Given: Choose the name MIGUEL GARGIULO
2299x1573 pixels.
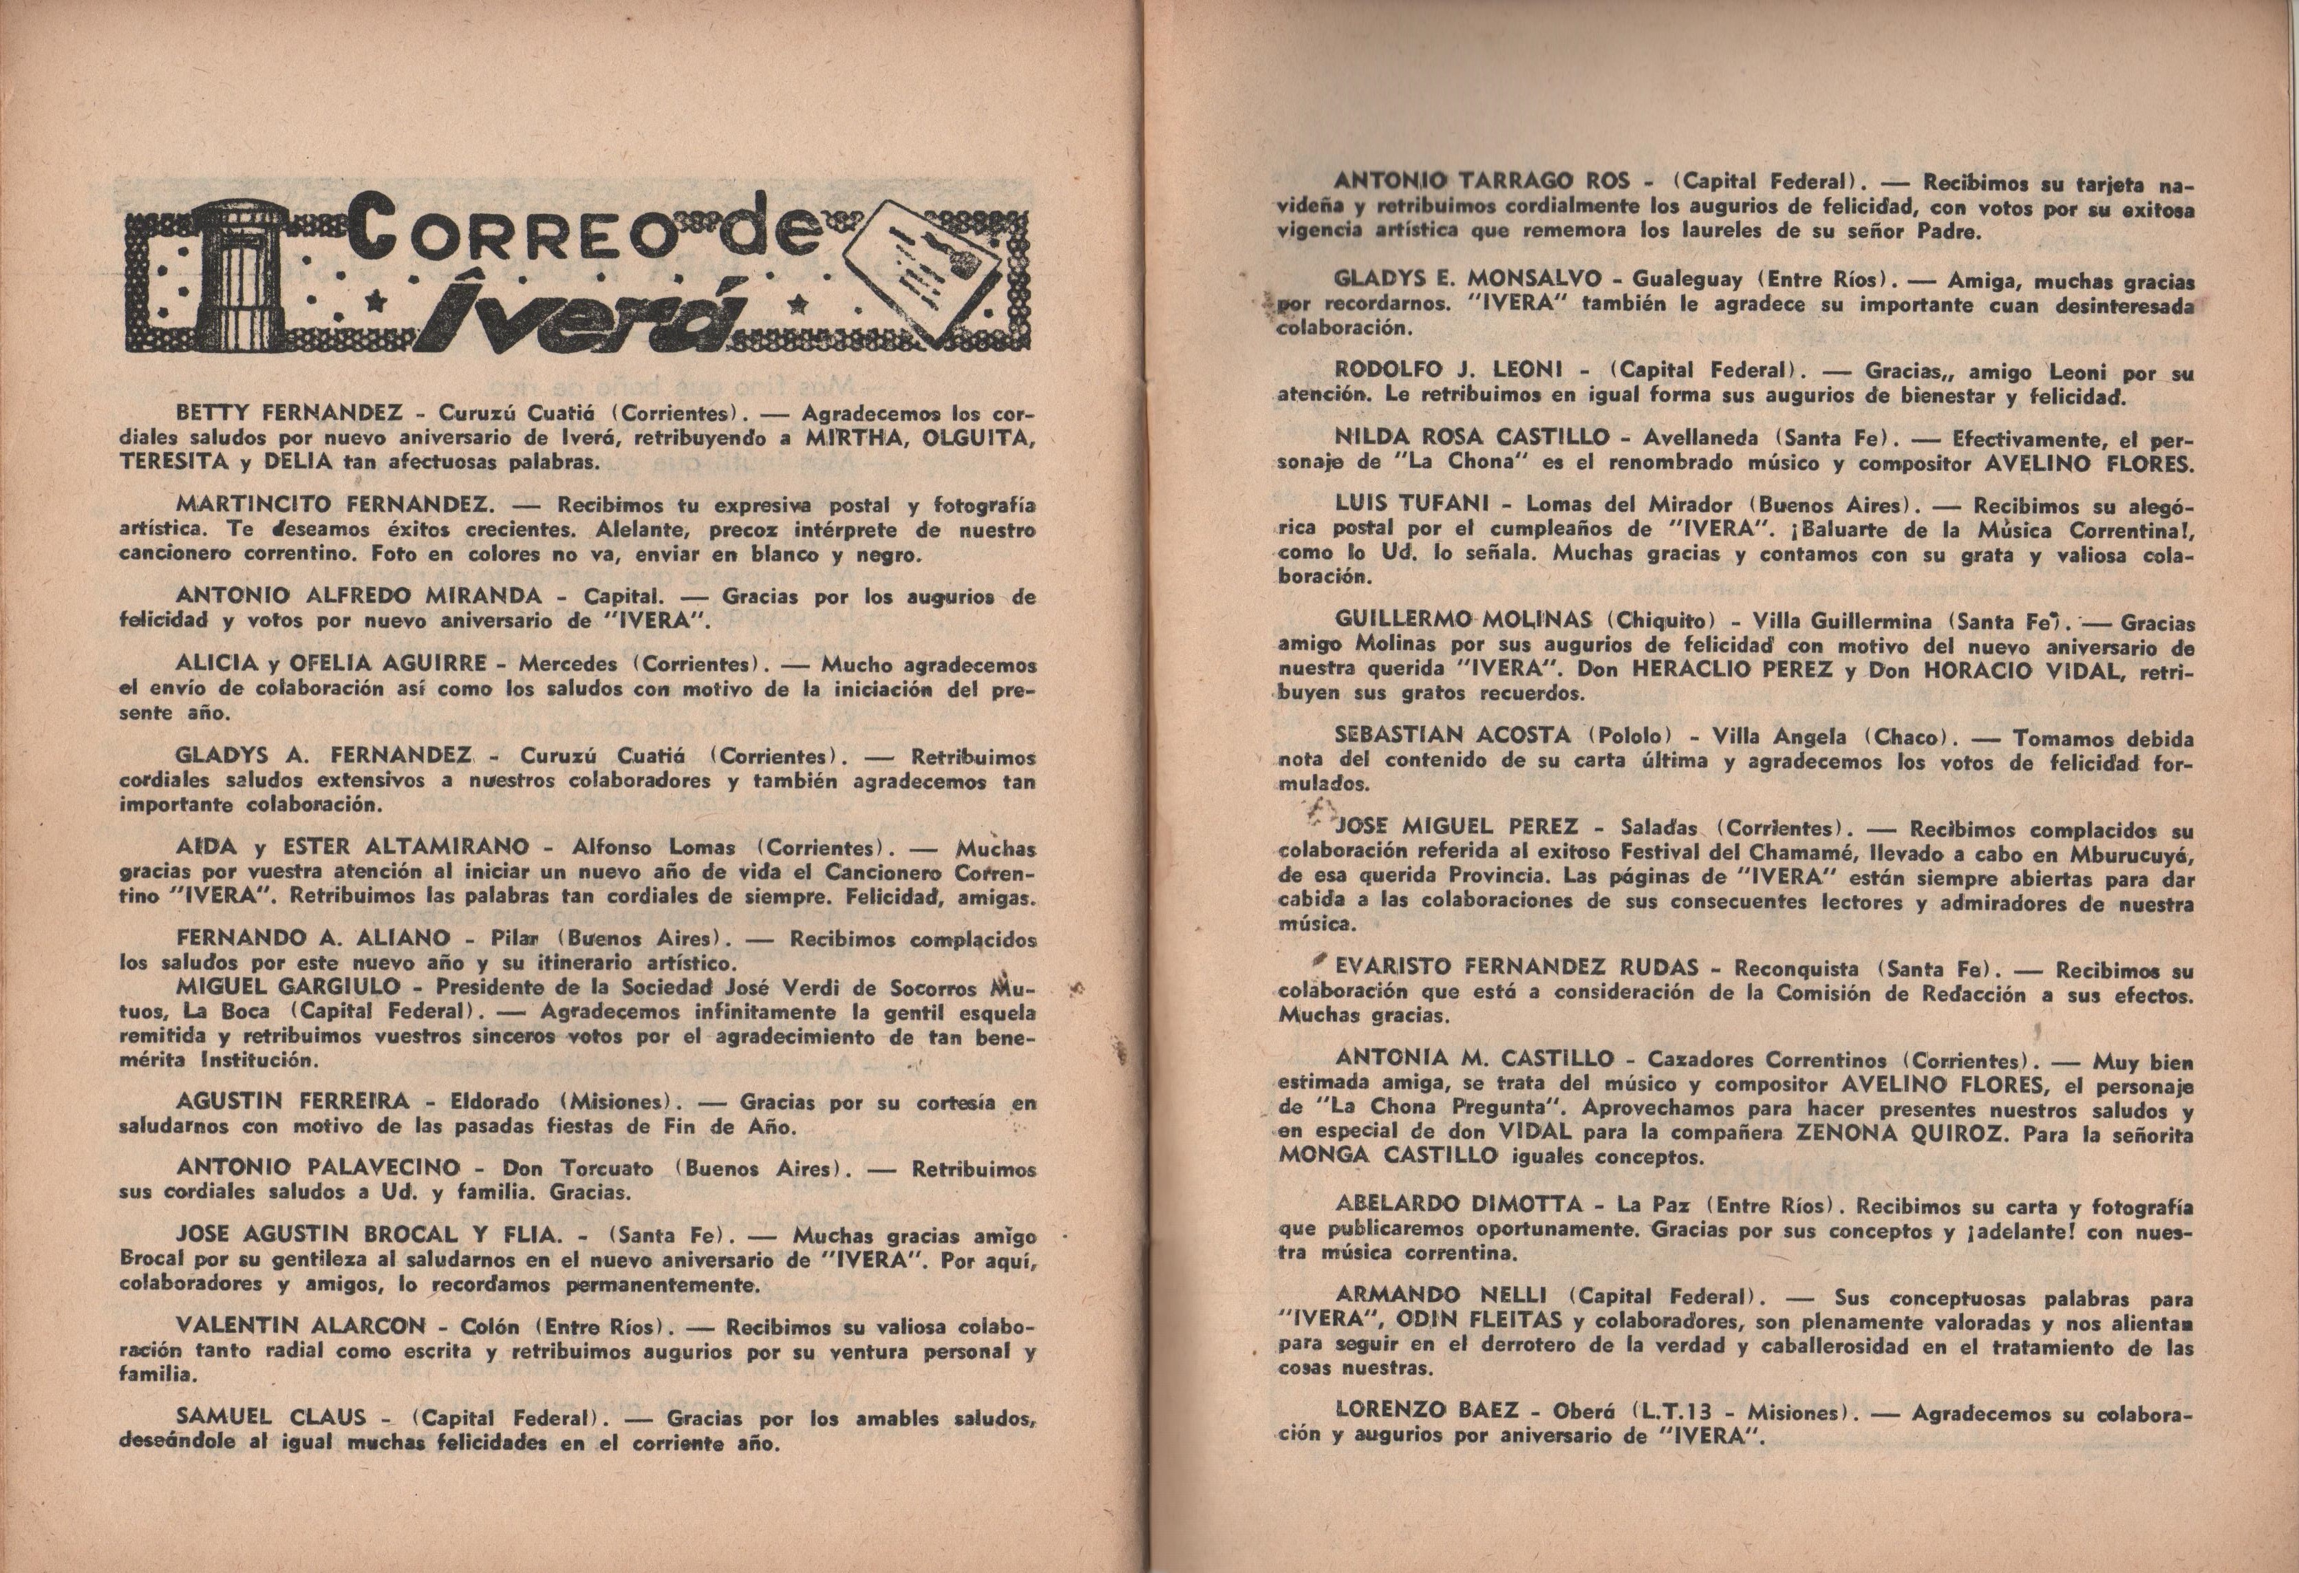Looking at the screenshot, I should (288, 986).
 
